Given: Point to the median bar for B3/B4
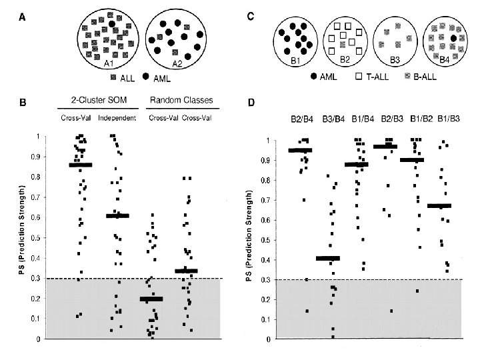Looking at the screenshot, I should (x=328, y=258).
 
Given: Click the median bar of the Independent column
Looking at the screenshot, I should (x=117, y=216).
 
